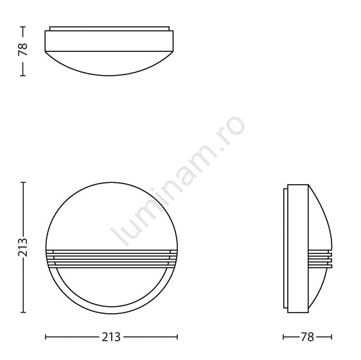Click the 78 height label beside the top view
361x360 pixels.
[22, 49]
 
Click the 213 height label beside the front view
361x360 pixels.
[22, 247]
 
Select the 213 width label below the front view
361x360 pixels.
[111, 338]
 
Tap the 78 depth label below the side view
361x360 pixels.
[307, 338]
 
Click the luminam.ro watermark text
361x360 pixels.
[177, 181]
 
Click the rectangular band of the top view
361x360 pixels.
[109, 40]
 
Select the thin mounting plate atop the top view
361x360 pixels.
[110, 28]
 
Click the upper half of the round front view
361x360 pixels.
[112, 216]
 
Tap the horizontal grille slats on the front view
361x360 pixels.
[112, 259]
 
